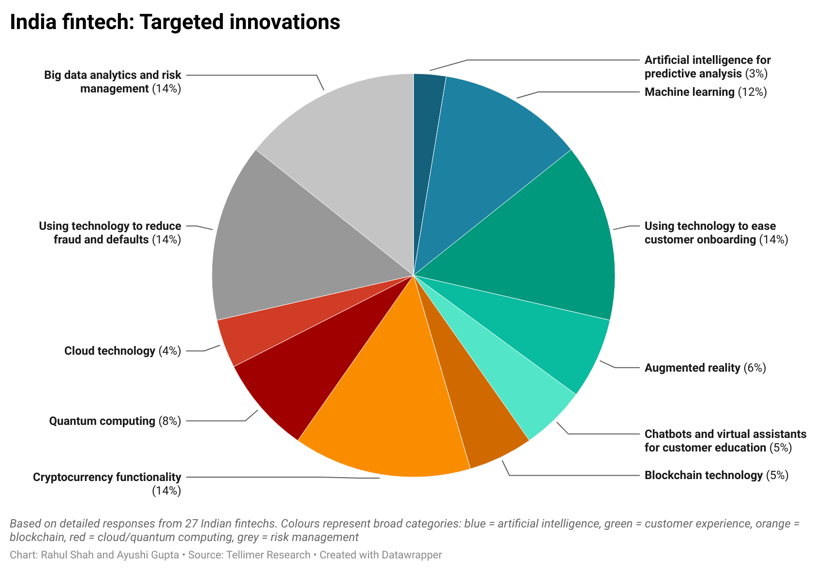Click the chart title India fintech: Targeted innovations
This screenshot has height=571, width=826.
click(x=175, y=22)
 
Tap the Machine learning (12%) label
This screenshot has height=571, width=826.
click(x=706, y=92)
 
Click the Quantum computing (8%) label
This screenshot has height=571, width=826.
click(x=115, y=421)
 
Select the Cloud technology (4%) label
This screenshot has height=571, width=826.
click(x=122, y=351)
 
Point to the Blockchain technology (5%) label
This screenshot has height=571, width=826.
click(x=716, y=475)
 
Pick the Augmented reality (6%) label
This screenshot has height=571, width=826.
click(x=705, y=368)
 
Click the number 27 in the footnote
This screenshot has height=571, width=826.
click(x=191, y=524)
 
